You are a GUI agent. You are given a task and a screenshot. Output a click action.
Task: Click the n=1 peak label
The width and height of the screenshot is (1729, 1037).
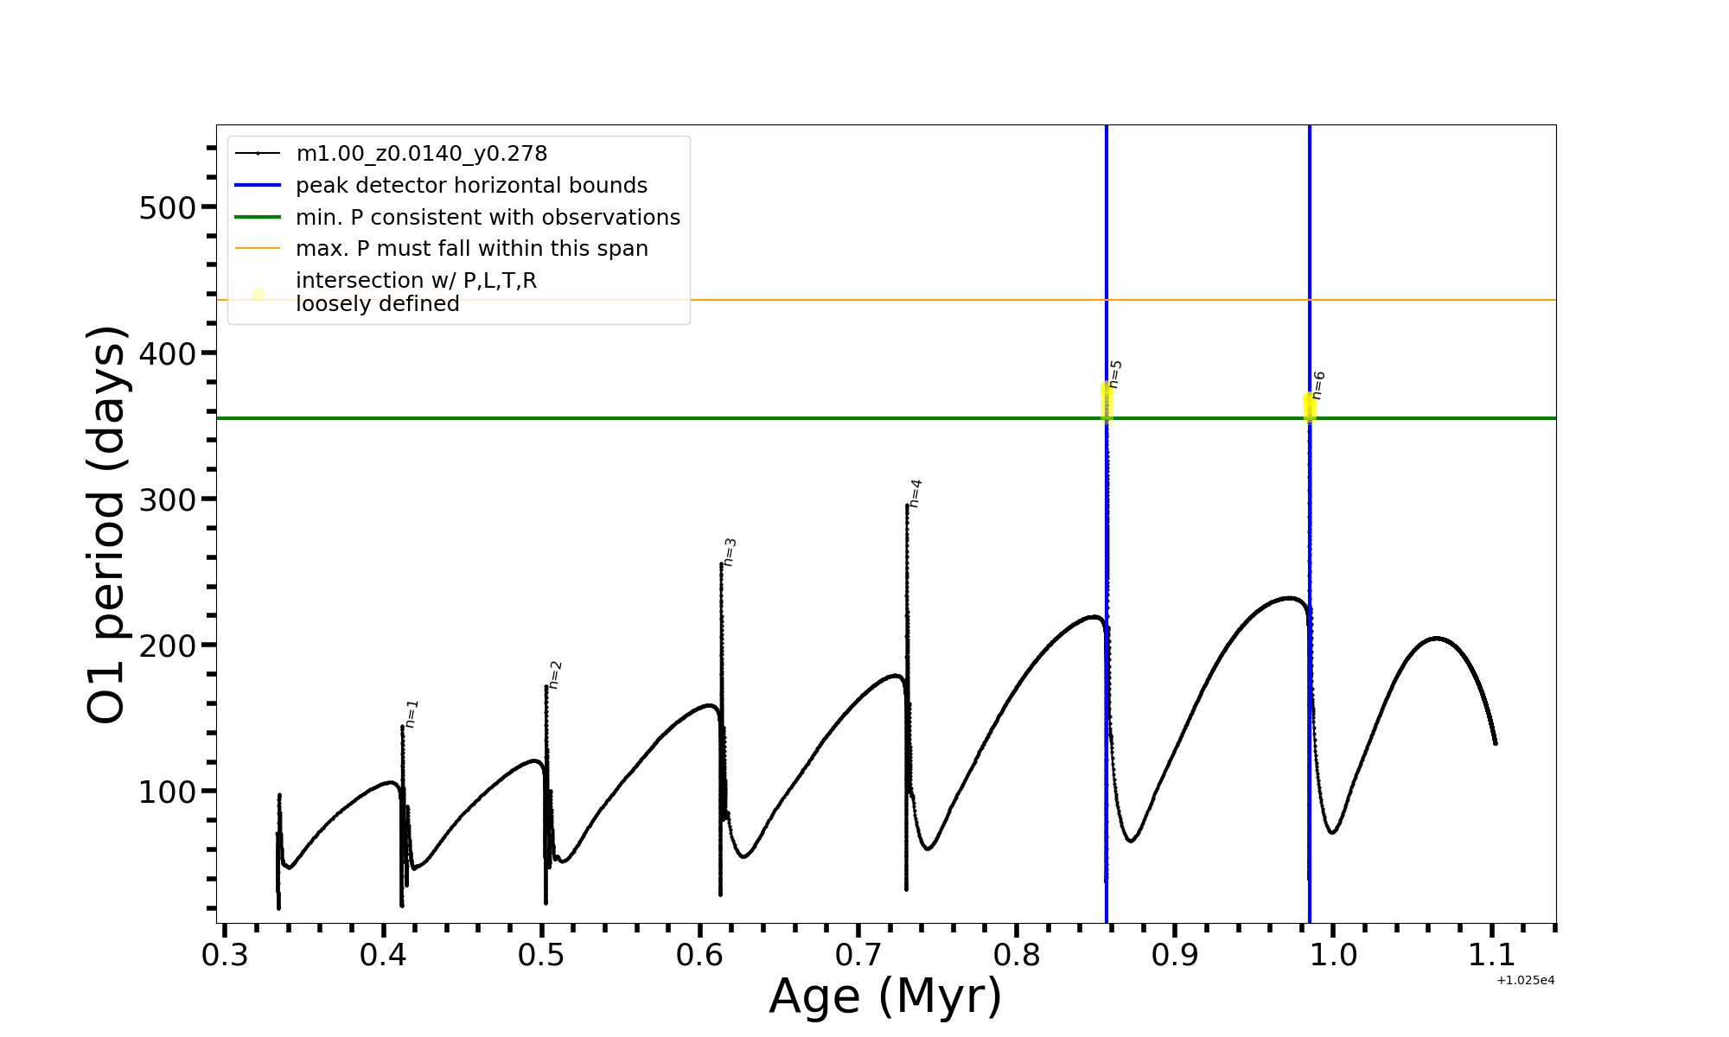tap(412, 714)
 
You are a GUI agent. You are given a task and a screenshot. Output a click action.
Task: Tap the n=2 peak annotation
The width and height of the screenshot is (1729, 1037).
tap(556, 675)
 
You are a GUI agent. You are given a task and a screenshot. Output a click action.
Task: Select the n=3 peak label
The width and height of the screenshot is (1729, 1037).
tap(730, 552)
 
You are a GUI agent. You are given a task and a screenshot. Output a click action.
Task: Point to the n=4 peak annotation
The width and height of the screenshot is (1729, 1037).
tap(916, 493)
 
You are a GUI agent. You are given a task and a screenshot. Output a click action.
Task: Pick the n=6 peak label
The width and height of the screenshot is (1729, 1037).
tap(1318, 385)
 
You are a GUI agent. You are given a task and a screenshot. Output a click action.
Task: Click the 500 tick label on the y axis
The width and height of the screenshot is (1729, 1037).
tap(167, 207)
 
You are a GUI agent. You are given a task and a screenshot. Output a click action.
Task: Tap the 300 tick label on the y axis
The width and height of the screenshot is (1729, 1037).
tap(167, 499)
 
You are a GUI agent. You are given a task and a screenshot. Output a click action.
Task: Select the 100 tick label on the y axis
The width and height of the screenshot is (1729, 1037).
tap(167, 792)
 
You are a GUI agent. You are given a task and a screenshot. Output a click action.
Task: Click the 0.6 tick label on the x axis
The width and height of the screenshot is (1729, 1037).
tap(699, 956)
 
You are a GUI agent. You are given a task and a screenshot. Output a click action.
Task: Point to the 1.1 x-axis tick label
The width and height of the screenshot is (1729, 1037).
tap(1492, 956)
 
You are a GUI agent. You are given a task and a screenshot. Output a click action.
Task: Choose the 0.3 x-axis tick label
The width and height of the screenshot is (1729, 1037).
tap(225, 956)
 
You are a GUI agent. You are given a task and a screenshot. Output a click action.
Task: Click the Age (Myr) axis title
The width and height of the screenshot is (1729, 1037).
tap(885, 996)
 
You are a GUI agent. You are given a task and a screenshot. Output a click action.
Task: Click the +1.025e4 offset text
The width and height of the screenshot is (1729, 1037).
tap(1526, 981)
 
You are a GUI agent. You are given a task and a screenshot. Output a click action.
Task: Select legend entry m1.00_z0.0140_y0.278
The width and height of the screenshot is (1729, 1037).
tap(422, 154)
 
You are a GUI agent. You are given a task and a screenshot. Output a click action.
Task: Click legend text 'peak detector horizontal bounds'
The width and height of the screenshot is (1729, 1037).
tap(471, 186)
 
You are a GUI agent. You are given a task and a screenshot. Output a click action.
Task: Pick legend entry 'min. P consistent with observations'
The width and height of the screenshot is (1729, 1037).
tap(488, 218)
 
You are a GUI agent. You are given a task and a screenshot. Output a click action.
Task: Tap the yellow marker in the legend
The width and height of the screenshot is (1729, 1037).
tap(258, 294)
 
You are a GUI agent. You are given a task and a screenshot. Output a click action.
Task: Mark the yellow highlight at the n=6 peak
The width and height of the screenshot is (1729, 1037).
tap(1310, 406)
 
